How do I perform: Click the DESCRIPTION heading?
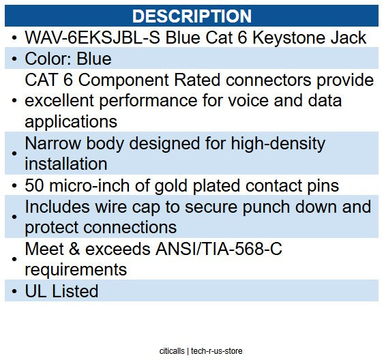192,16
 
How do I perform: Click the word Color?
49,59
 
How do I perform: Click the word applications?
71,121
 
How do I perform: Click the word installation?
66,164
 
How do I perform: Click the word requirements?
76,269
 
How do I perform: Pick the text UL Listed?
61,290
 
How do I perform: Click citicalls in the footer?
168,351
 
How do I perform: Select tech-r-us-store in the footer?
216,351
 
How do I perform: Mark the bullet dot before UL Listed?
15,291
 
